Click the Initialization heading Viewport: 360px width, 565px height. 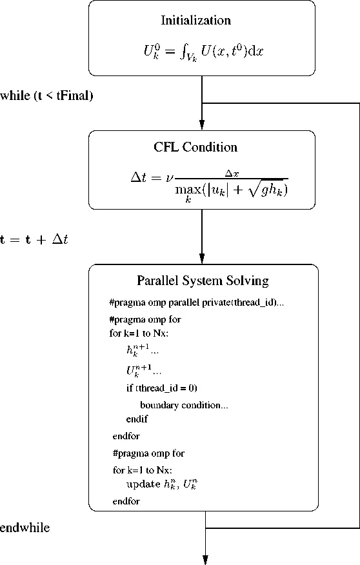click(195, 20)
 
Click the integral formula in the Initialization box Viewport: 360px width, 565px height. click(203, 52)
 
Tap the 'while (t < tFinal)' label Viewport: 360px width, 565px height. click(46, 95)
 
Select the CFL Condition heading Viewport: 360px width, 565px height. click(195, 147)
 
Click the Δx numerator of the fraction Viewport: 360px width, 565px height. click(232, 173)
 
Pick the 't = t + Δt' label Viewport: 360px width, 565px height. click(34, 240)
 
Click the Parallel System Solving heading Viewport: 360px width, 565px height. click(203, 281)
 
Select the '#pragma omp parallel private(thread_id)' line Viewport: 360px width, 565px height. click(196, 302)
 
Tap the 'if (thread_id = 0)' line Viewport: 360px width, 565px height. click(161, 388)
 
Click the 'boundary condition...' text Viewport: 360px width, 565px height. click(184, 405)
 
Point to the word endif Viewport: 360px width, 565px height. click(137, 419)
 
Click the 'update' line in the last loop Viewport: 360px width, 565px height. click(161, 484)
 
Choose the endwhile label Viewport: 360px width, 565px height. click(25, 528)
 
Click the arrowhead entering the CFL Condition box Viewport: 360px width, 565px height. click(202, 125)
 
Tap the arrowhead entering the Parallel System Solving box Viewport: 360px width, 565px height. click(202, 259)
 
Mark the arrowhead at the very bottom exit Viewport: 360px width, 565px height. click(205, 560)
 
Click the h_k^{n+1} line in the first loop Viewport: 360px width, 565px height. click(143, 350)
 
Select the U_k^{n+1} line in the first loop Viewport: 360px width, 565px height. click(143, 370)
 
